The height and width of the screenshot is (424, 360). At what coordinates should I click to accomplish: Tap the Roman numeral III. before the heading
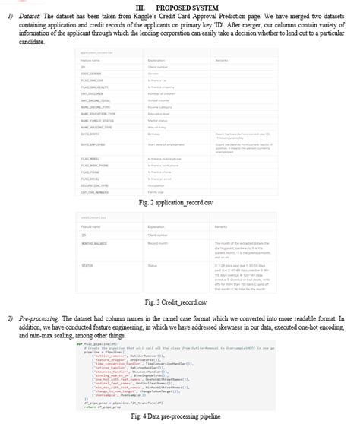(152, 6)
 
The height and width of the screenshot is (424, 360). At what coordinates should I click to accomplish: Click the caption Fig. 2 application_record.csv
(180, 203)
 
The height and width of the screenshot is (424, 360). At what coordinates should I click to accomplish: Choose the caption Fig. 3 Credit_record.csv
(180, 303)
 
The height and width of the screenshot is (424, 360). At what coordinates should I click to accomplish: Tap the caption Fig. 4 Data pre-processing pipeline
(180, 417)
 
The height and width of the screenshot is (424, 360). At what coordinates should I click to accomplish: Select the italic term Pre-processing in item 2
(37, 318)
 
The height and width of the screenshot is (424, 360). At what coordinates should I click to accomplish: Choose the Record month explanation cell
(159, 244)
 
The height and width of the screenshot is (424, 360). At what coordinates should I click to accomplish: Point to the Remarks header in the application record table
(223, 59)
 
